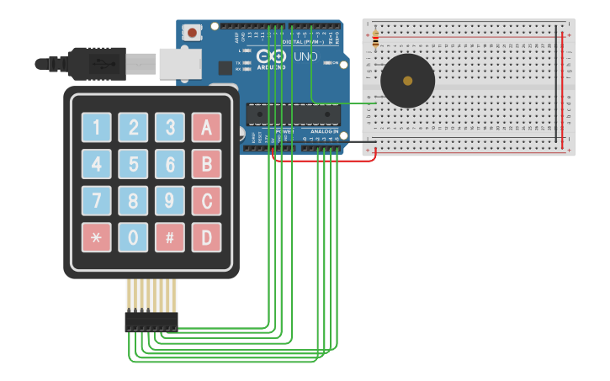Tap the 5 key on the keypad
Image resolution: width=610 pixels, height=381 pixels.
point(132,165)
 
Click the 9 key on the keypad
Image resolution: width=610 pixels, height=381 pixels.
point(169,201)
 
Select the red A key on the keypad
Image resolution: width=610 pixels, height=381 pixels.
point(206,128)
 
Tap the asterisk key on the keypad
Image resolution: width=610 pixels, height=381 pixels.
point(96,237)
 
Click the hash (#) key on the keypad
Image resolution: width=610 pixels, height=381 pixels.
point(169,237)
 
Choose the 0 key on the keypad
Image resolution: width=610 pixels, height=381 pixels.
point(132,237)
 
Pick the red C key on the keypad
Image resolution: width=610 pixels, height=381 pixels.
point(206,201)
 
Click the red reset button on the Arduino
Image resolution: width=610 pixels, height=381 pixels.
point(193,33)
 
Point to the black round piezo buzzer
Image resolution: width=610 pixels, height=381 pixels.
point(407,81)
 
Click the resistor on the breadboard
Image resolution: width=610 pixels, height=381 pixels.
point(375,38)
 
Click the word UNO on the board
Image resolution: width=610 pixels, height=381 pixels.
point(305,56)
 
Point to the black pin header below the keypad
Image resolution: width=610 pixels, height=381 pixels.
point(151,321)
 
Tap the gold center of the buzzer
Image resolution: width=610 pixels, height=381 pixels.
point(408,82)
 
